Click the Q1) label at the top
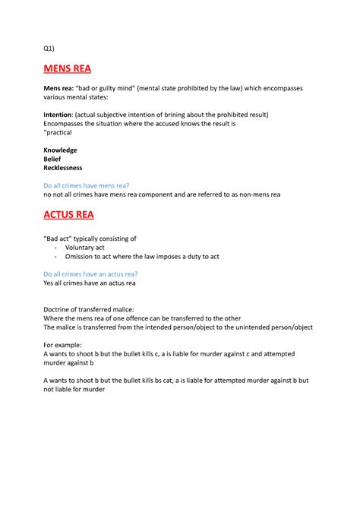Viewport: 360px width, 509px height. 49,49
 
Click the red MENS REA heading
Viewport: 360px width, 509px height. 67,69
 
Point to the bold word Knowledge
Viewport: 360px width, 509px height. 60,150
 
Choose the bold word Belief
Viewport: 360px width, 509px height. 54,159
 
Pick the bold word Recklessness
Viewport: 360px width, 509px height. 63,168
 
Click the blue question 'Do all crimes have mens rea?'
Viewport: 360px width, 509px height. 86,185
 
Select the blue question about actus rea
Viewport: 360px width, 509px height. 90,274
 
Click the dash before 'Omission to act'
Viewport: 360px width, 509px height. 58,257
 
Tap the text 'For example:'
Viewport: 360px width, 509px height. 64,345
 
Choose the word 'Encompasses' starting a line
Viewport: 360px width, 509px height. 66,123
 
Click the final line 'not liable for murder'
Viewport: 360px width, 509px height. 74,389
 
